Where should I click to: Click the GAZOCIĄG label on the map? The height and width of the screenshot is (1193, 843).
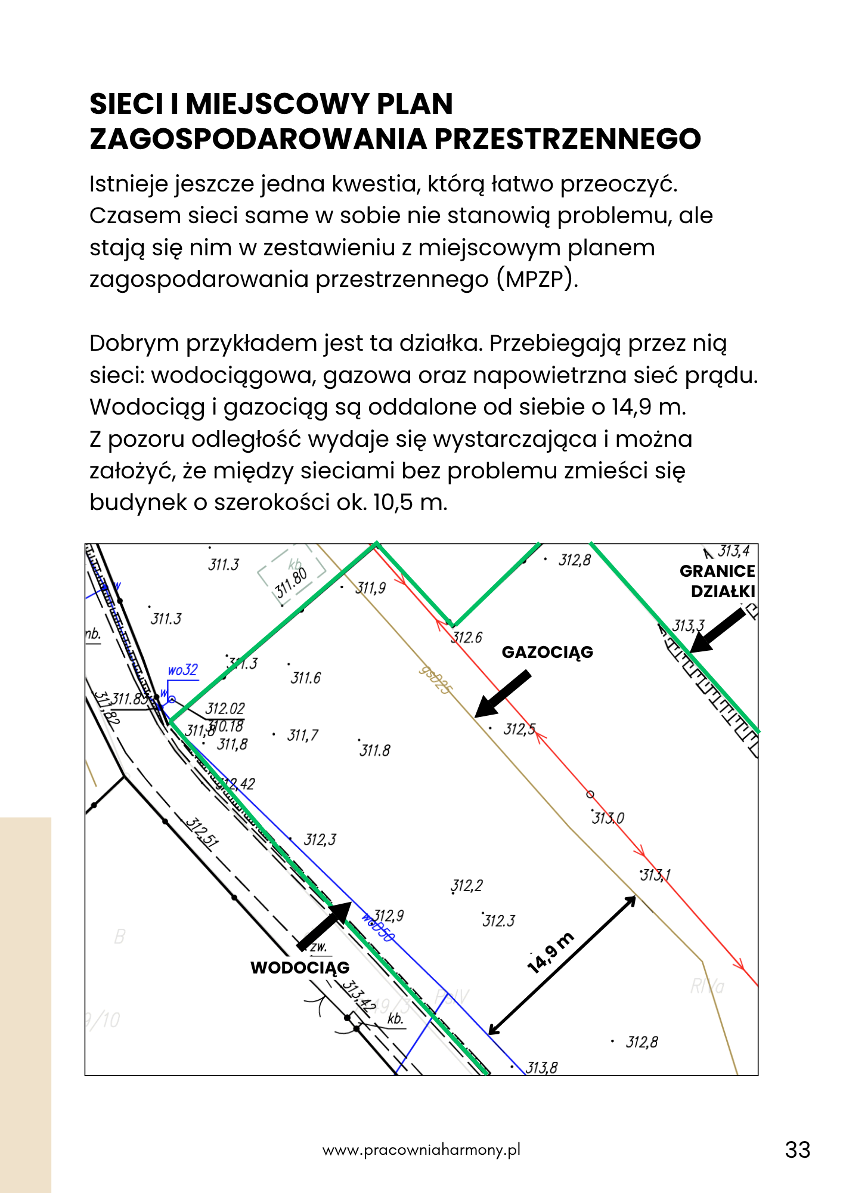click(x=547, y=652)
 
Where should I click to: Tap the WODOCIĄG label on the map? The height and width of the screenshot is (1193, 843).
click(x=300, y=968)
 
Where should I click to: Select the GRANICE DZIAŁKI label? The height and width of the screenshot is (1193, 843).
click(x=717, y=581)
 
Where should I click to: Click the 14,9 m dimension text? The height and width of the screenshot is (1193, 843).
click(x=551, y=953)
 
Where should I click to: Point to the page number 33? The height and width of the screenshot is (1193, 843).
click(x=798, y=1150)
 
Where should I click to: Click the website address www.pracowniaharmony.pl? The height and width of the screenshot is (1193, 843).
click(x=421, y=1150)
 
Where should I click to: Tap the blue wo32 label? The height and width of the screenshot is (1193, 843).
click(x=182, y=670)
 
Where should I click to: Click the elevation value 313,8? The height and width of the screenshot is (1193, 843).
click(x=541, y=1068)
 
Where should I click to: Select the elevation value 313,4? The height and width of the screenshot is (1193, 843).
click(x=733, y=551)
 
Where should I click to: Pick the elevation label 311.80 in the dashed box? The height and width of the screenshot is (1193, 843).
click(x=291, y=583)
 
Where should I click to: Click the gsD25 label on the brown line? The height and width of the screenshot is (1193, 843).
click(x=436, y=680)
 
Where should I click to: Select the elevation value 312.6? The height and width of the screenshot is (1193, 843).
click(x=467, y=638)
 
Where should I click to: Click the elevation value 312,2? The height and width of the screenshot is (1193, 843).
click(x=467, y=886)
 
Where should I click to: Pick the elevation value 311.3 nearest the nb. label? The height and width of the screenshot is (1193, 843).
click(x=166, y=619)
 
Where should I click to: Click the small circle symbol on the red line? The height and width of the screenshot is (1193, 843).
click(x=590, y=794)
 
